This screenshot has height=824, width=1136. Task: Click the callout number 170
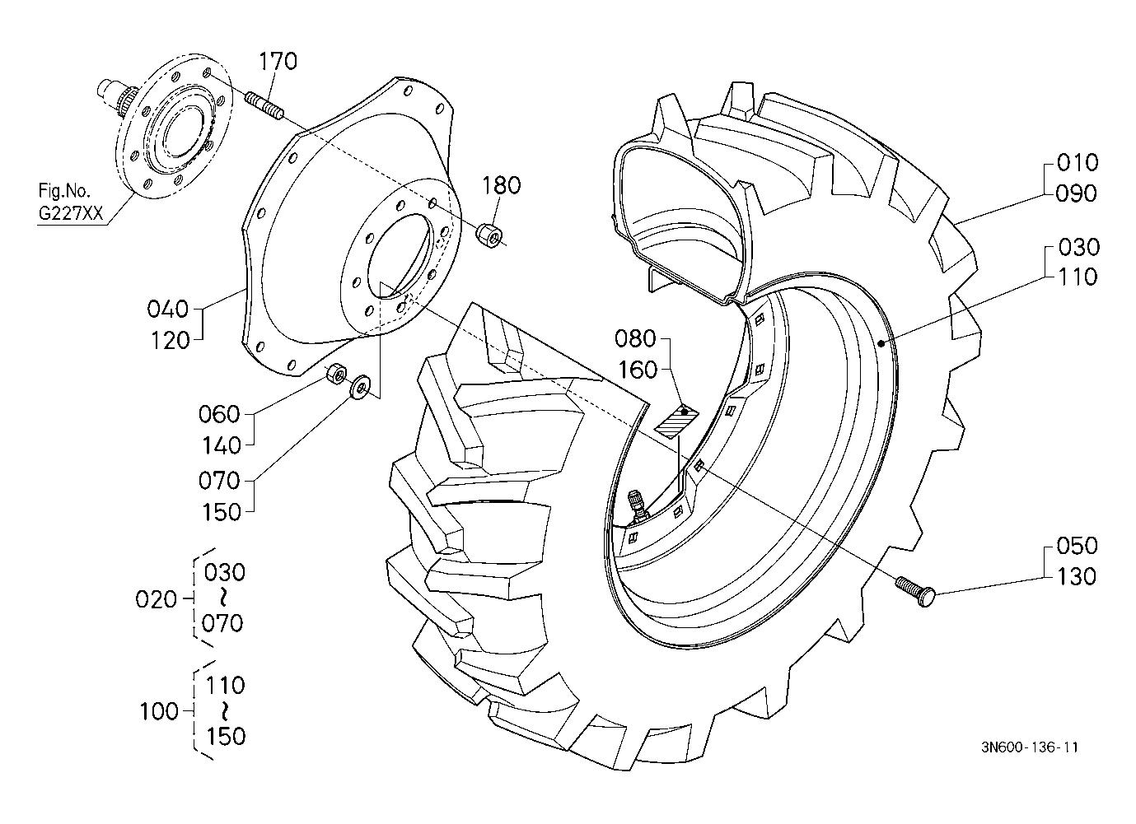(x=278, y=61)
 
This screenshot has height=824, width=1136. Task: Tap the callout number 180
(x=501, y=185)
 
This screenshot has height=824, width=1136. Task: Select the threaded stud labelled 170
(x=264, y=105)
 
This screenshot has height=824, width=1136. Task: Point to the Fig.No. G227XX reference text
(x=71, y=203)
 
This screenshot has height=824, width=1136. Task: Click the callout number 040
(x=167, y=309)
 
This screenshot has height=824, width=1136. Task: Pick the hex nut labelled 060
(x=336, y=374)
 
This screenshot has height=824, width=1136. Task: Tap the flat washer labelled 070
(x=360, y=388)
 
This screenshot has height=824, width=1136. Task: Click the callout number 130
(x=1076, y=577)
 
